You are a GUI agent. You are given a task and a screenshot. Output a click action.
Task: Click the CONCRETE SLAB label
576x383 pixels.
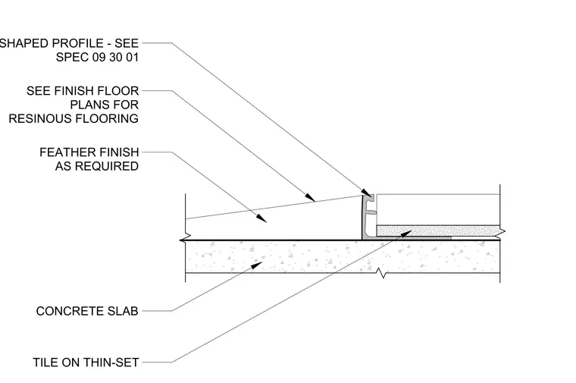tap(87, 311)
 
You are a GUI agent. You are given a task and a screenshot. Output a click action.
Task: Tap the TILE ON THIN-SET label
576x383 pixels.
tap(86, 363)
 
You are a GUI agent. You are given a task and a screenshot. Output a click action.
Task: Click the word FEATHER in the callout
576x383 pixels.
tap(63, 152)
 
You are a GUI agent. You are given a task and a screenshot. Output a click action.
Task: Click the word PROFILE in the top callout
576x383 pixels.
tap(77, 43)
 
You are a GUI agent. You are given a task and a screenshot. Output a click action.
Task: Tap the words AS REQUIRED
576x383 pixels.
tap(97, 166)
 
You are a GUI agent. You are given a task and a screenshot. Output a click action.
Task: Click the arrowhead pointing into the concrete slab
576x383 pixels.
tap(257, 265)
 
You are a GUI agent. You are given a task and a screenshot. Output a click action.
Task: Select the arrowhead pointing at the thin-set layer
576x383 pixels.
tap(407, 234)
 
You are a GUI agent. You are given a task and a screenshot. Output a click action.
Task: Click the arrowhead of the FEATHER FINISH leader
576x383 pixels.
tap(261, 218)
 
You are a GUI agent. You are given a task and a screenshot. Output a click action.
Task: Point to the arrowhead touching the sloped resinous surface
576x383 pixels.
tap(310, 197)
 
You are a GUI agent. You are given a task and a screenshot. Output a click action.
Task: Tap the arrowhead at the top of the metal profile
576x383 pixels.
tap(366, 193)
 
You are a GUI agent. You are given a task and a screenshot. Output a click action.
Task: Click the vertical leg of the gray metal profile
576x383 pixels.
tap(365, 217)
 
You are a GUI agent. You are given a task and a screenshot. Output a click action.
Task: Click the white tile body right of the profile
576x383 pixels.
tap(438, 210)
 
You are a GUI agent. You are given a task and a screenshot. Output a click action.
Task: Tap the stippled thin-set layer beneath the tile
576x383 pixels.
tap(438, 231)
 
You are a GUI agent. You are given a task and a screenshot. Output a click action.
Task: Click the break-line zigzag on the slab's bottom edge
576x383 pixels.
tap(383, 273)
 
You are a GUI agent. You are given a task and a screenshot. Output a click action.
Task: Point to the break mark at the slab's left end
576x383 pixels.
tap(185, 238)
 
